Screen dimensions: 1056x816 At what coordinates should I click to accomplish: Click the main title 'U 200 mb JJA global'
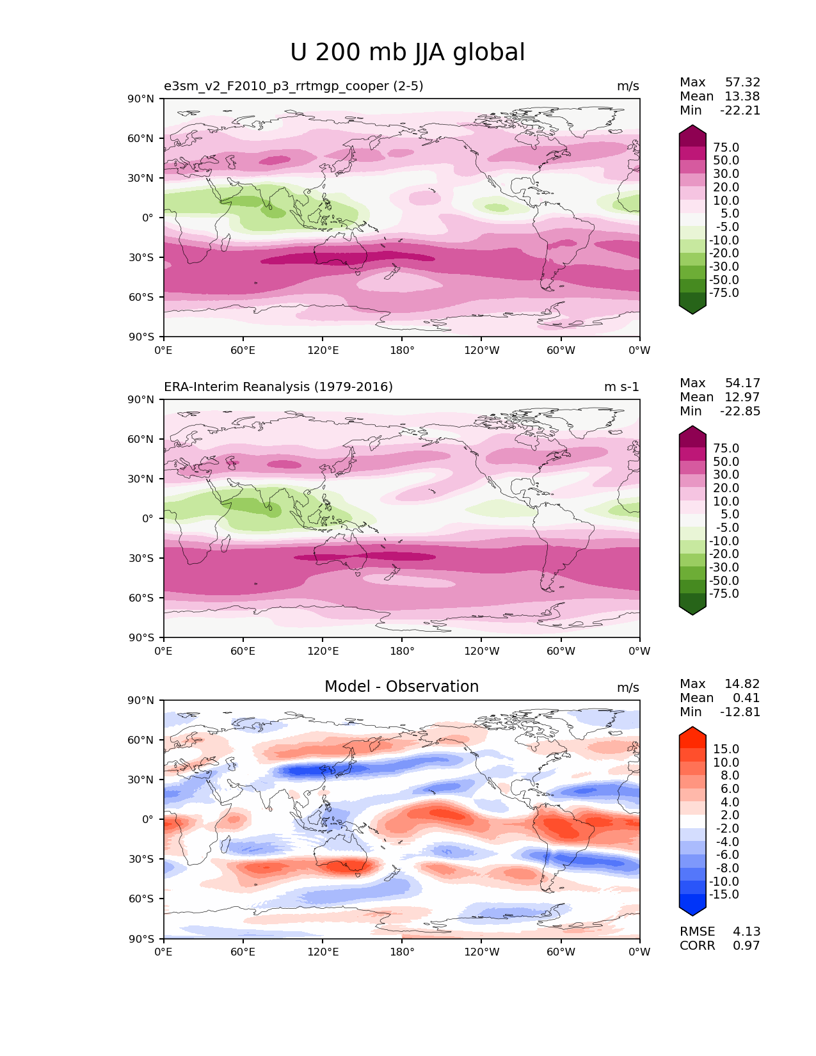tap(407, 52)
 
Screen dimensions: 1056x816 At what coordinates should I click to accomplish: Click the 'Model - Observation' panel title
tap(401, 687)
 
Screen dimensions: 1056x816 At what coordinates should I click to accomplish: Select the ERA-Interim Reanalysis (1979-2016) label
tap(278, 387)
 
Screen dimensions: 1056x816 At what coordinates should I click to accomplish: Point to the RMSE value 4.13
tap(746, 932)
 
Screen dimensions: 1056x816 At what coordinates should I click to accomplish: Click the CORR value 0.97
tap(746, 946)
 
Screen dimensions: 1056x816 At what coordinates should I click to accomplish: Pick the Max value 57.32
tap(742, 83)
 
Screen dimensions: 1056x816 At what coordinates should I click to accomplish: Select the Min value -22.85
tap(740, 412)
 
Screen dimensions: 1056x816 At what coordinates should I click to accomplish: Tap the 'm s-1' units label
tap(621, 387)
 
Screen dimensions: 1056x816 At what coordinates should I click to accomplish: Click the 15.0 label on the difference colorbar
tap(726, 749)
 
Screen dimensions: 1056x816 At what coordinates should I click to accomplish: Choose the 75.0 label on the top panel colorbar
tap(726, 148)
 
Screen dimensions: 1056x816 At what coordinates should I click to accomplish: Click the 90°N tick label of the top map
tap(141, 99)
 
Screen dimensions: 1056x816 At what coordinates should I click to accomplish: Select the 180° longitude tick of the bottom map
tap(402, 952)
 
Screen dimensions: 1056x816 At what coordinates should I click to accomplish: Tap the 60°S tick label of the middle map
tap(141, 598)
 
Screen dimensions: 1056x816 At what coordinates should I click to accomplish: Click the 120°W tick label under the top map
tap(481, 351)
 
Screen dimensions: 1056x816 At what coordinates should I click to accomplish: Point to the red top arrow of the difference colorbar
tap(692, 731)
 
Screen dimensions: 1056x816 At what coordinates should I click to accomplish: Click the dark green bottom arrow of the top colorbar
tap(692, 309)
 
